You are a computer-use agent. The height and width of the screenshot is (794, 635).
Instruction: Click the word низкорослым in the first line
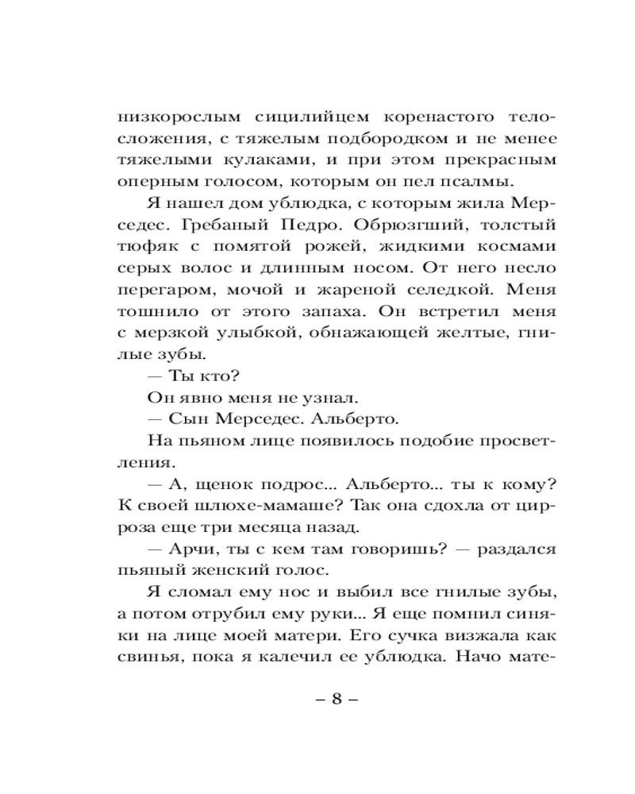(x=167, y=117)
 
